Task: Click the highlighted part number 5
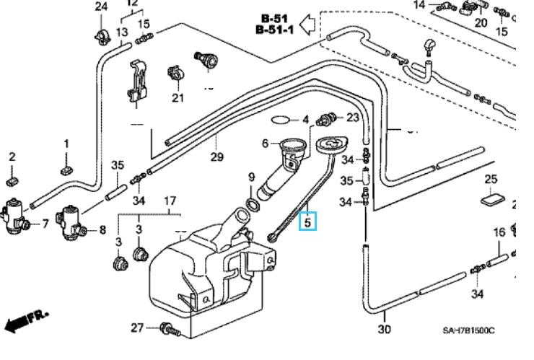(x=307, y=222)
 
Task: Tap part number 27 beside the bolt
(x=137, y=328)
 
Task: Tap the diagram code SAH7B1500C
(x=469, y=330)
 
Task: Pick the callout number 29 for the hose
(x=217, y=157)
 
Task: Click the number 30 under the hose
(x=384, y=330)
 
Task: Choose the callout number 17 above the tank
(x=170, y=200)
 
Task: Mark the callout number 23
(x=353, y=118)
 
